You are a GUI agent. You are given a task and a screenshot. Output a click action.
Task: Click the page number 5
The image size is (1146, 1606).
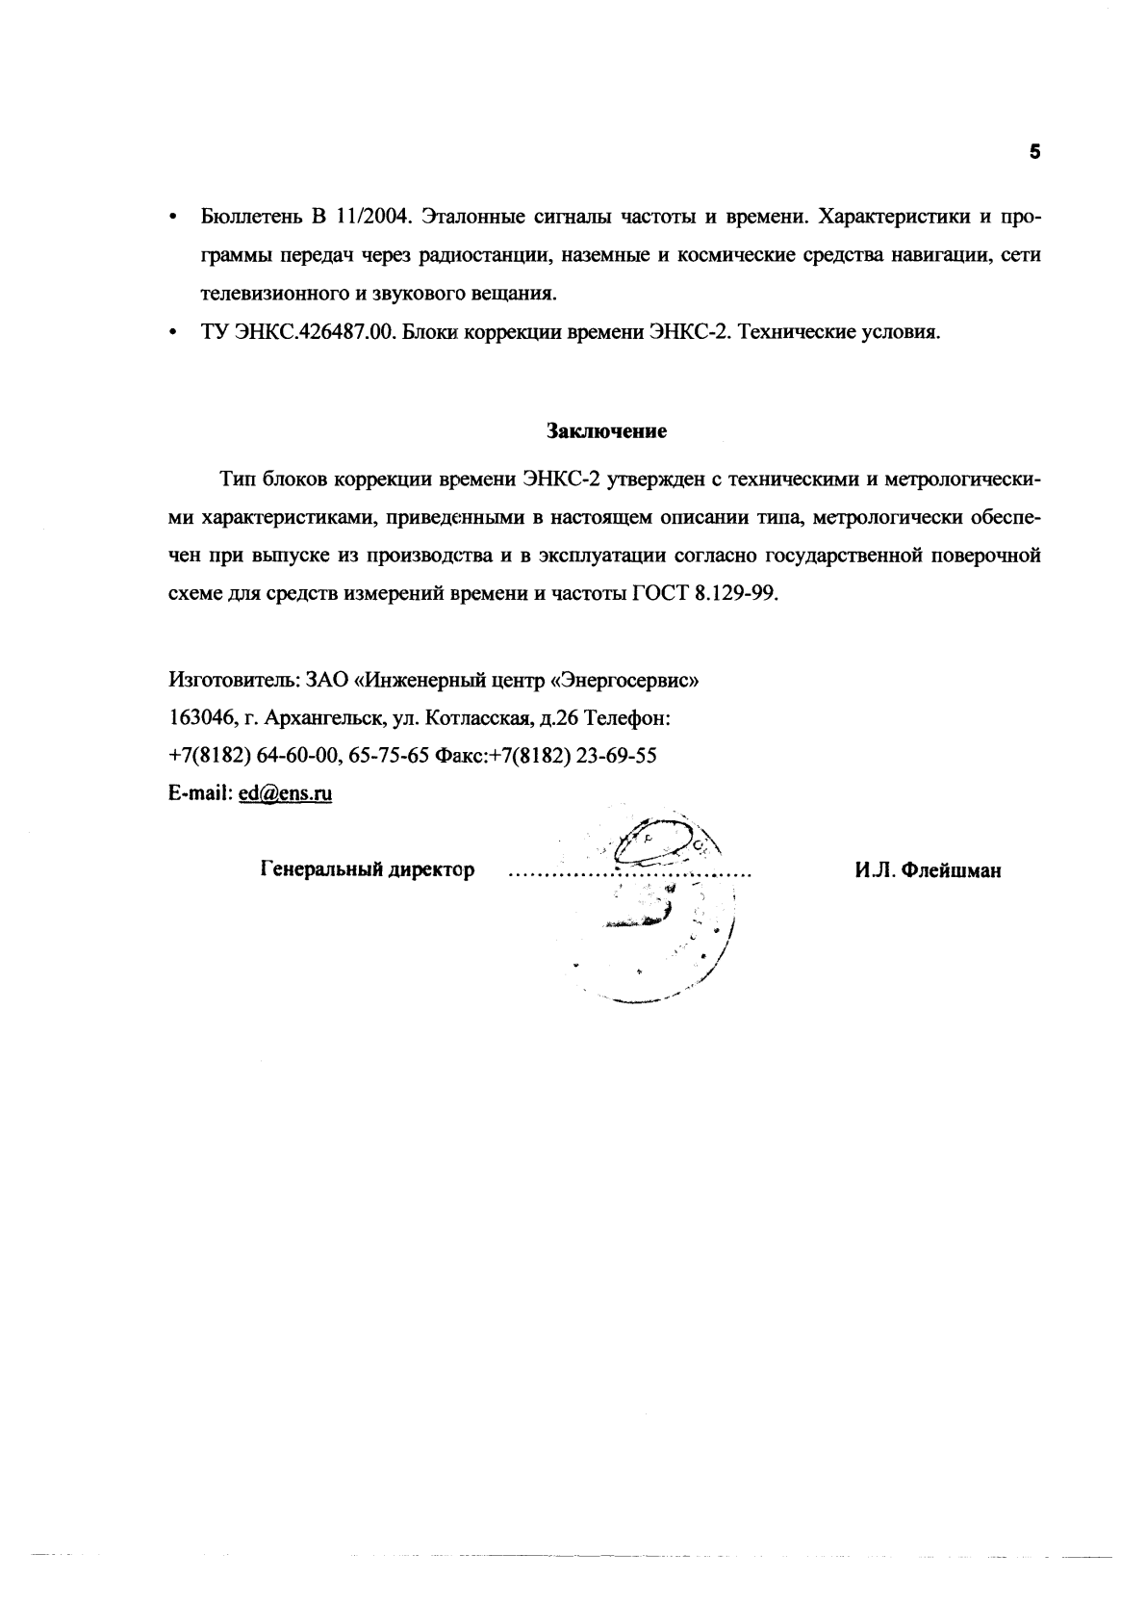pos(1034,151)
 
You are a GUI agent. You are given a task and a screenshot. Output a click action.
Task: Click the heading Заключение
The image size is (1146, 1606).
pos(607,431)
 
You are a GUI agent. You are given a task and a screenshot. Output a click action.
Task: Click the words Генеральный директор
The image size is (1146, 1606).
pos(368,870)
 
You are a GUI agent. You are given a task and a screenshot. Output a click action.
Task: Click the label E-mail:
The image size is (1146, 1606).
pos(200,794)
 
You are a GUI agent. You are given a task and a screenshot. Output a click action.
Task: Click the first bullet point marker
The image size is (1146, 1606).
pos(172,218)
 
